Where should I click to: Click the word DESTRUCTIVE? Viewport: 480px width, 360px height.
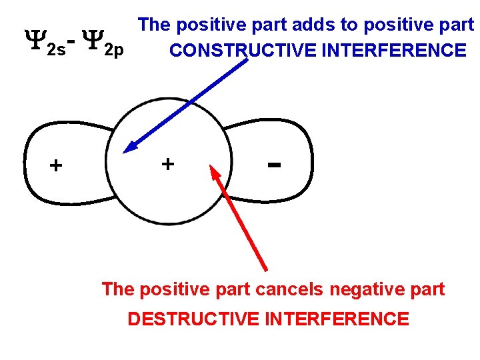click(193, 319)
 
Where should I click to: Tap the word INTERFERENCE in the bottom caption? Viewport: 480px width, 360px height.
click(337, 319)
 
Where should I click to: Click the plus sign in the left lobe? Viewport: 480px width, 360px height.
click(56, 165)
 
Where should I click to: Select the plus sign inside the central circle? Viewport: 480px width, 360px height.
click(168, 163)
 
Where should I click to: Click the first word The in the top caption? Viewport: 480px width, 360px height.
click(154, 25)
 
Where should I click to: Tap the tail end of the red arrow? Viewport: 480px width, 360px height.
click(266, 269)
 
